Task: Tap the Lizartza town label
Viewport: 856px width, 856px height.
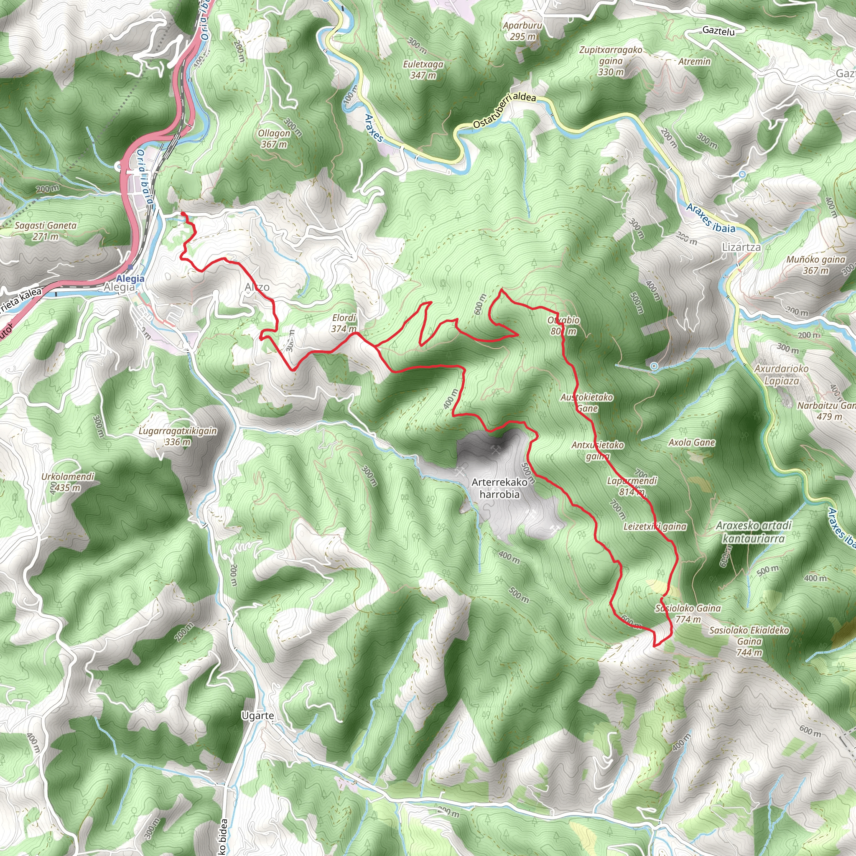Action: pos(741,247)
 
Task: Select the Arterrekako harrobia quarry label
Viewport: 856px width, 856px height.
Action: pos(499,488)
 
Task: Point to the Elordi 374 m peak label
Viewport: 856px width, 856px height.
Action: pos(344,323)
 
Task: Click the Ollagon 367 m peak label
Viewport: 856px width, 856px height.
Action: pos(274,139)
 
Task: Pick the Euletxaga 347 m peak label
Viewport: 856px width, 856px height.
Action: pos(423,69)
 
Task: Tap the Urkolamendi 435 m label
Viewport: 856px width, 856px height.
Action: pos(68,482)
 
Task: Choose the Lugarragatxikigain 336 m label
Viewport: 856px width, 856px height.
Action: pos(178,436)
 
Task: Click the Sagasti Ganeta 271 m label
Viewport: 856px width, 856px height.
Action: pos(46,230)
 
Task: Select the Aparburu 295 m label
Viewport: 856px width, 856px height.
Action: pos(522,31)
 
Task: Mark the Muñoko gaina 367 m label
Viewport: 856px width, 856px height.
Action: pos(816,265)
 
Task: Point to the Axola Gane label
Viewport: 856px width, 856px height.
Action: pos(692,442)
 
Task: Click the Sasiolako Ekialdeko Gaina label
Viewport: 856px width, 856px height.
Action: pos(749,641)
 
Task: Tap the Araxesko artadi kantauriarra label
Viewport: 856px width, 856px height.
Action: pos(753,532)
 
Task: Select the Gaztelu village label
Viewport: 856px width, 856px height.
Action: pos(718,31)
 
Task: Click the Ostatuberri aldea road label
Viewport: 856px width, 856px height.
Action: pos(504,111)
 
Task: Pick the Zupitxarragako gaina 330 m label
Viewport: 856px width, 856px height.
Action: pos(611,61)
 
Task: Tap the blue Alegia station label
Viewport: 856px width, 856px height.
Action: pos(130,278)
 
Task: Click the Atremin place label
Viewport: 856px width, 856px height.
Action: pos(694,61)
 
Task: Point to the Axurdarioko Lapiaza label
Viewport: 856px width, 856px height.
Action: pos(782,374)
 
